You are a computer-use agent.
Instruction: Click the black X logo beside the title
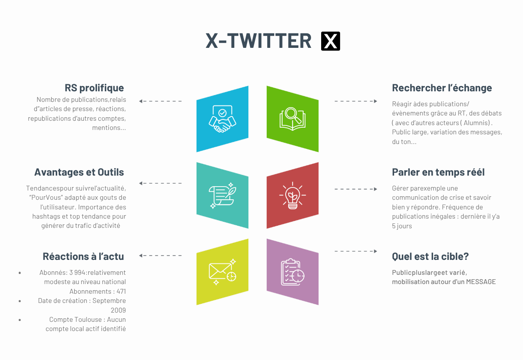[x=330, y=41]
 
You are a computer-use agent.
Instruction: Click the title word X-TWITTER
[x=258, y=41]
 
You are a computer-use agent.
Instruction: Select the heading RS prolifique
[x=94, y=88]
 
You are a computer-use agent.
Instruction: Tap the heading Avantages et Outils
[x=79, y=172]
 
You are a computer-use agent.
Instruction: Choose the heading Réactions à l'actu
[x=83, y=256]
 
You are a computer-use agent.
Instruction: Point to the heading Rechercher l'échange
[x=442, y=88]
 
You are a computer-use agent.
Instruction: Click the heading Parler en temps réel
[x=438, y=172]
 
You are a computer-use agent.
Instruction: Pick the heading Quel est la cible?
[x=430, y=256]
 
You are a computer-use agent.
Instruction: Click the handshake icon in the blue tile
[x=222, y=119]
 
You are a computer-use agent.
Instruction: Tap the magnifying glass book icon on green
[x=293, y=119]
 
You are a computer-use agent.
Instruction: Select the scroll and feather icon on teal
[x=222, y=195]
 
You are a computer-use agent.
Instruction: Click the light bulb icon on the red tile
[x=293, y=195]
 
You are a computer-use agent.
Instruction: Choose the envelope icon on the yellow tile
[x=222, y=272]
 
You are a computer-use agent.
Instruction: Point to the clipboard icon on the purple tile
[x=293, y=272]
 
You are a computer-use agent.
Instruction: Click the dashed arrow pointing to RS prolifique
[x=161, y=101]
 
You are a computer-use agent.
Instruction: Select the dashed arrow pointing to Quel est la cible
[x=356, y=251]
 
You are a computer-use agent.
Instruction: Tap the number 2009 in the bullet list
[x=118, y=310]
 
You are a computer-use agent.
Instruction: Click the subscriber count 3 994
[x=78, y=273]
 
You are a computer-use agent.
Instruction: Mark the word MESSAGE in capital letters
[x=481, y=282]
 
